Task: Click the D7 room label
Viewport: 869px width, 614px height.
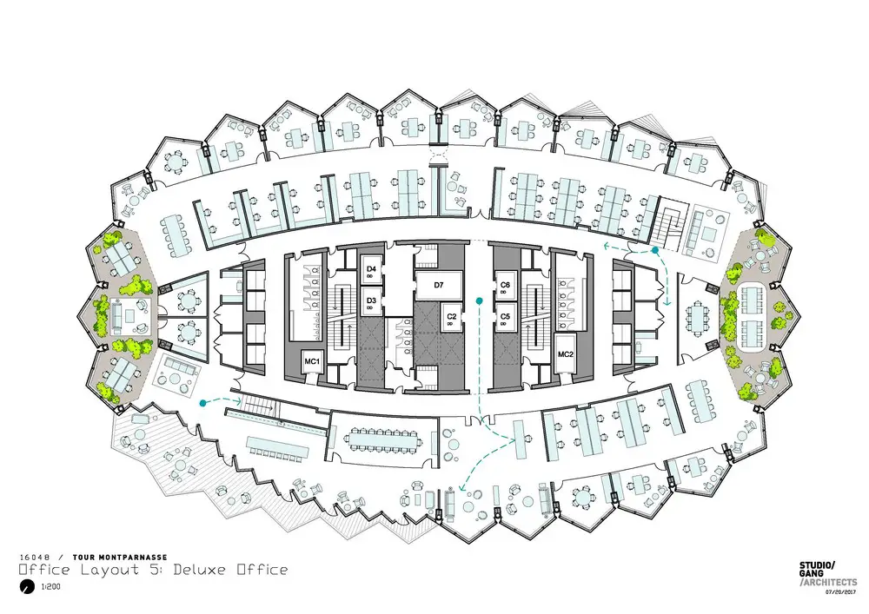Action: tap(438, 285)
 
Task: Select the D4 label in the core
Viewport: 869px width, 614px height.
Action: tap(371, 269)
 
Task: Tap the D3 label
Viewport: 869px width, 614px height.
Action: tap(371, 300)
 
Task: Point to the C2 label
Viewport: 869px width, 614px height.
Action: tap(452, 317)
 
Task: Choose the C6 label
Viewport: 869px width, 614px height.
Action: tap(505, 285)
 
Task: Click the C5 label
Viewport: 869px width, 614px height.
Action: tap(505, 317)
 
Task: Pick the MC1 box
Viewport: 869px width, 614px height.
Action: tap(312, 361)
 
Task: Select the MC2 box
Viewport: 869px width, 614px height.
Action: tap(566, 354)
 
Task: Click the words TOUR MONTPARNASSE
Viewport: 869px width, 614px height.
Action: tap(120, 558)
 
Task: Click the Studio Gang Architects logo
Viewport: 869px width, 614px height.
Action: tap(827, 573)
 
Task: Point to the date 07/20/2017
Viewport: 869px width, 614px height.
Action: tap(841, 591)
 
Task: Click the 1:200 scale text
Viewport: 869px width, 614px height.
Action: tap(50, 587)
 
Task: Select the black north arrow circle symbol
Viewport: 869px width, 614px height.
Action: tap(26, 587)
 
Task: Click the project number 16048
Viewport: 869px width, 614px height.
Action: tap(35, 558)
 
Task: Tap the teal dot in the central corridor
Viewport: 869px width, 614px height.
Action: tap(479, 300)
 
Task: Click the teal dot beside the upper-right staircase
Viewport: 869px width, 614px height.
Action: tap(654, 251)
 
